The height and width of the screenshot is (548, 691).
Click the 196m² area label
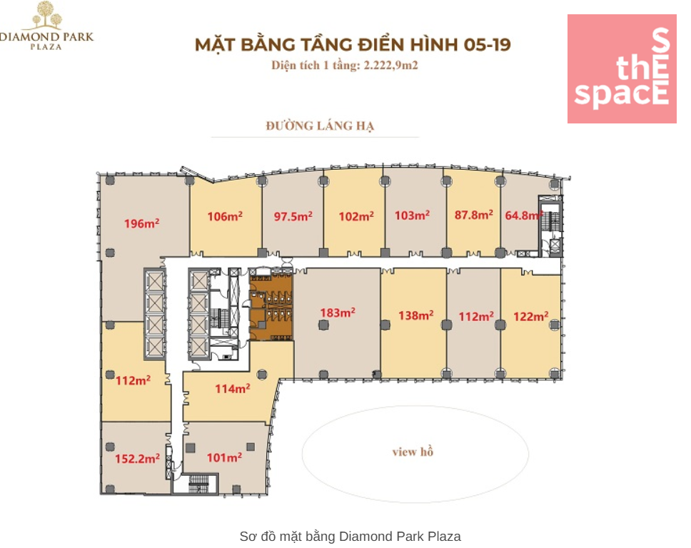[141, 223]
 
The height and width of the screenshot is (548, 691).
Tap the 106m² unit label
[225, 216]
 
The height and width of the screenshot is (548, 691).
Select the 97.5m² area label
[293, 216]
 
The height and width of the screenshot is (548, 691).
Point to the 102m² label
[356, 216]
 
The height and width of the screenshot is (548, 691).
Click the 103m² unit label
[412, 215]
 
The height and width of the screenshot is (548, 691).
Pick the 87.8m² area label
[474, 215]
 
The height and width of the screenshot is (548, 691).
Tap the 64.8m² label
[523, 215]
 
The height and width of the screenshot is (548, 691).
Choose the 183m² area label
[338, 313]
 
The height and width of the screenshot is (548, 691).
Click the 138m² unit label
[416, 315]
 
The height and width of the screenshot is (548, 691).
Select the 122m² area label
[531, 316]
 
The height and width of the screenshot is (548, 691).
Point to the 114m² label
[233, 389]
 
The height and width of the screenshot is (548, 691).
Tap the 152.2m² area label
[138, 459]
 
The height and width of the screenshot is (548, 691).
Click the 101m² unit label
[224, 457]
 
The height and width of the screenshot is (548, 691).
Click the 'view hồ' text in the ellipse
[413, 452]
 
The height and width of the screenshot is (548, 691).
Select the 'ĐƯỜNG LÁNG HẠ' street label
[320, 126]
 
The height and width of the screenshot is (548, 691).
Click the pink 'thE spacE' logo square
[622, 68]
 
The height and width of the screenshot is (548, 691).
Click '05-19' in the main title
[487, 44]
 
